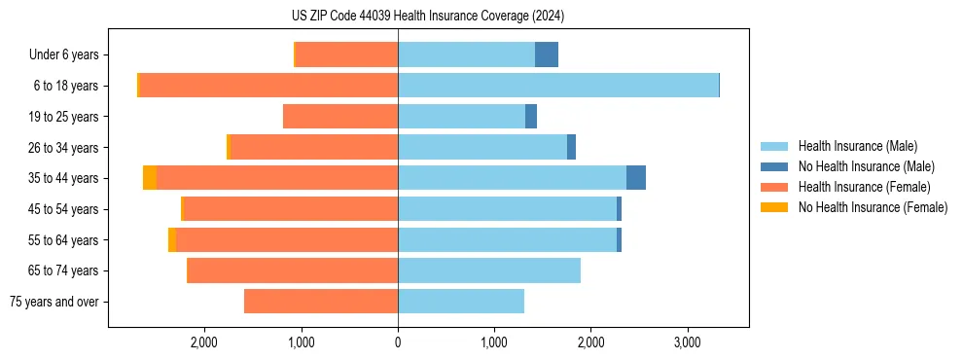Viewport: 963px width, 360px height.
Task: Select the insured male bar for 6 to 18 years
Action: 557,86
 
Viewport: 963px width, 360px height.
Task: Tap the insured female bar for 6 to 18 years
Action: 268,86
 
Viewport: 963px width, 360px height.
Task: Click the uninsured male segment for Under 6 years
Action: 547,54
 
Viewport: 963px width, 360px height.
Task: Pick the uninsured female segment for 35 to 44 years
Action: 150,178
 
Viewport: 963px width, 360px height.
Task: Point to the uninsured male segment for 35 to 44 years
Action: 636,178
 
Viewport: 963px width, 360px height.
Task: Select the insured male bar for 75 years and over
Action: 461,302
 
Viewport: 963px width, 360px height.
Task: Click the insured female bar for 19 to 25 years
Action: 340,117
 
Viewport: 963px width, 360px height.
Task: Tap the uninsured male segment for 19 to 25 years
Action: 531,117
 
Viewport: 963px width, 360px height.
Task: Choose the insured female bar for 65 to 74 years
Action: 293,270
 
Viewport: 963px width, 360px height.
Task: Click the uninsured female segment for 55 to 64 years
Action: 172,239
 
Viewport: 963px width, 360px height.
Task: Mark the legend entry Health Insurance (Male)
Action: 857,146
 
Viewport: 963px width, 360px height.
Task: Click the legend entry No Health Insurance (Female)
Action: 873,207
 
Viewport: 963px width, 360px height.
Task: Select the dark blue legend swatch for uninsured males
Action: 774,166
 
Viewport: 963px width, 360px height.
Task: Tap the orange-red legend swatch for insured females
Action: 774,187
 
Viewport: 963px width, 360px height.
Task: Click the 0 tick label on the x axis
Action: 398,342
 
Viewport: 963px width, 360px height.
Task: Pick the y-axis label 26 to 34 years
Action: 64,148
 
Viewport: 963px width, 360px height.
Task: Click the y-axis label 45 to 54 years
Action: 64,209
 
